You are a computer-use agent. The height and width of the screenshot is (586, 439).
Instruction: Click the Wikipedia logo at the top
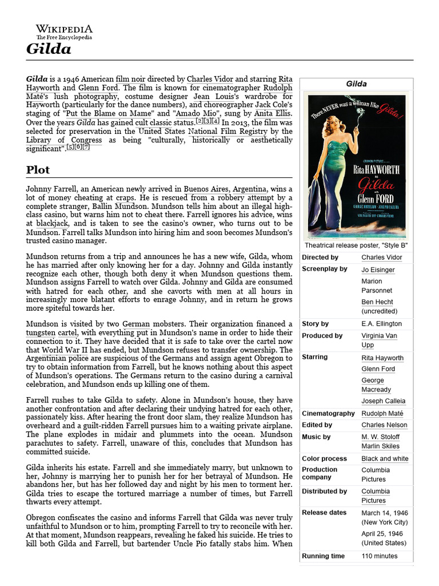[64, 31]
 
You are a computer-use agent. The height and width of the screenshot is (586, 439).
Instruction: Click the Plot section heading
[38, 170]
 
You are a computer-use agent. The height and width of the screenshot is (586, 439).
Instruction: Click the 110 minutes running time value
[379, 556]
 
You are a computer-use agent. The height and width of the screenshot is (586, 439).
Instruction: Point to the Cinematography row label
[328, 413]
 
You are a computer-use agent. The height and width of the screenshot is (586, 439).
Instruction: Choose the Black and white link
[385, 458]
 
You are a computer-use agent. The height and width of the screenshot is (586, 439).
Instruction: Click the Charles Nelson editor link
[384, 425]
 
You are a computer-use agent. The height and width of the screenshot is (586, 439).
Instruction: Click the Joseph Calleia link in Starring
[383, 401]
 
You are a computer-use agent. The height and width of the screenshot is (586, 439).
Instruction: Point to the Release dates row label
[324, 513]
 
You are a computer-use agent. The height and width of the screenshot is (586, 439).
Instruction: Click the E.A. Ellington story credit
[381, 324]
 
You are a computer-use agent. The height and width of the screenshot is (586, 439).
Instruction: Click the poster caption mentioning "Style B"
[356, 245]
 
